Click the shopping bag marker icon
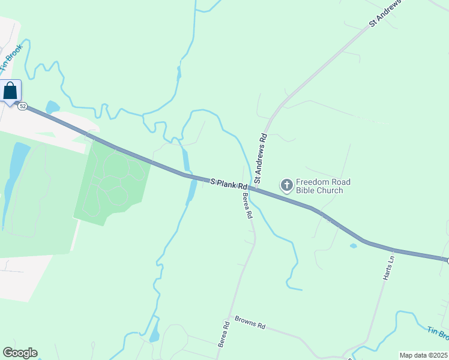point(11,91)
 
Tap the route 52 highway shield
point(22,106)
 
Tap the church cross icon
point(287,184)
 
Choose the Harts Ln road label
point(388,268)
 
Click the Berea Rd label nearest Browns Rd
point(223,334)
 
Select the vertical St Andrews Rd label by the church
point(260,158)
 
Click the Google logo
point(20,353)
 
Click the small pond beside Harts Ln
point(353,245)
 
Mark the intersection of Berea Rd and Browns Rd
point(229,316)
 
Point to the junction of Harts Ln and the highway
point(395,250)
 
